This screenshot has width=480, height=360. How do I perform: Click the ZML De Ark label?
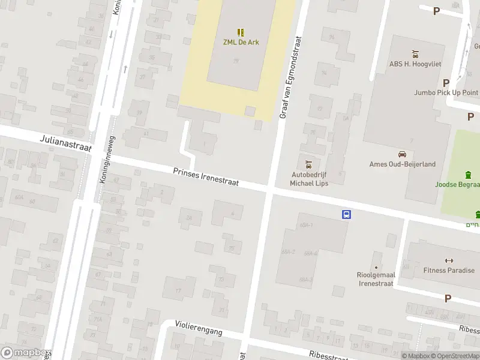tap(241, 43)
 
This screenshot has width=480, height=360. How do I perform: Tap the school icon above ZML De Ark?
tap(241, 32)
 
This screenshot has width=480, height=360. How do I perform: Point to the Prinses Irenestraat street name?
tap(206, 178)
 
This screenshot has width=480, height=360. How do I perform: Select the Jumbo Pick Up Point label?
tap(446, 92)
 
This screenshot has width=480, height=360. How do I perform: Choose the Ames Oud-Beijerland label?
tap(402, 164)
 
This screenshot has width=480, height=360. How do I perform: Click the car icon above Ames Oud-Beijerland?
tap(402, 154)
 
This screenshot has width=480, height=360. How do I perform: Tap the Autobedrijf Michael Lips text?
tap(309, 179)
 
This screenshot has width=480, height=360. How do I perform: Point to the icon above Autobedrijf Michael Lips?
tap(309, 164)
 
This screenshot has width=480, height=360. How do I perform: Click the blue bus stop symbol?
tap(347, 214)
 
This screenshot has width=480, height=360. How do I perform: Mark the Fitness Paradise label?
tap(448, 271)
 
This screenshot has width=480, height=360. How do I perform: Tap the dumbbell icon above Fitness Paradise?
tap(448, 260)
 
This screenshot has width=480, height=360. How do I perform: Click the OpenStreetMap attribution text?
tap(456, 356)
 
